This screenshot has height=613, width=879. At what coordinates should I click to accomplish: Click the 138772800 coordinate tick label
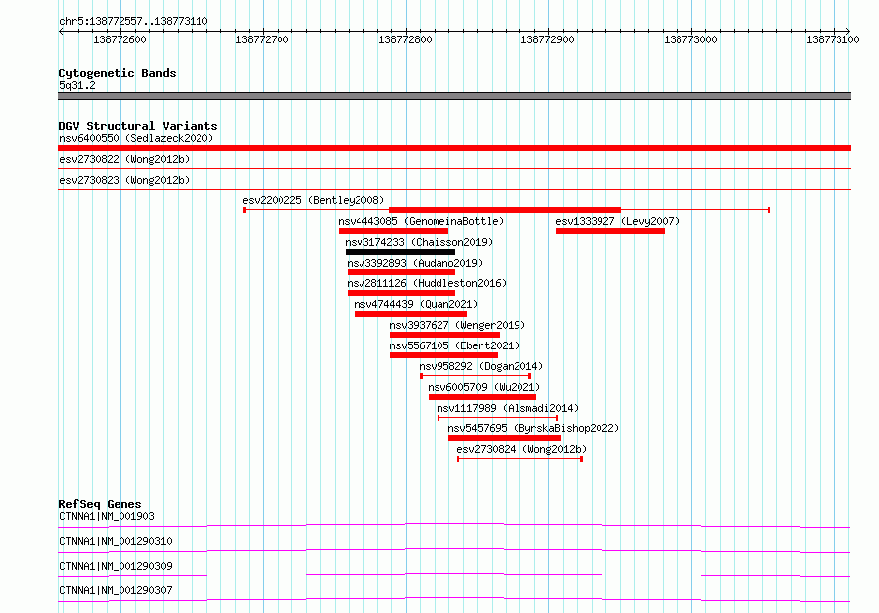click(405, 39)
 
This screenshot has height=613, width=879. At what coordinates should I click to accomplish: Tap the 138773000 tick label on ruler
click(690, 39)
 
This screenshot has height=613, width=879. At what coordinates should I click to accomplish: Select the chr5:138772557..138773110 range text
click(133, 22)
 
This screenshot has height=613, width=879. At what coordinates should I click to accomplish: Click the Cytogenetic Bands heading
click(118, 73)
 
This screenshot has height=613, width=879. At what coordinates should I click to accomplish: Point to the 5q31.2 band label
click(77, 85)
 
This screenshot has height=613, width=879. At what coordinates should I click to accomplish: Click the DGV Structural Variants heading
click(138, 126)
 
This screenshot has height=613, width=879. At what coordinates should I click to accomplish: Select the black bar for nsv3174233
click(400, 252)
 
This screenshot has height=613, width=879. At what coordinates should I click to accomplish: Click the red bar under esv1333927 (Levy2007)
click(610, 231)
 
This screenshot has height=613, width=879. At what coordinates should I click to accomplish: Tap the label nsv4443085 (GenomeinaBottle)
click(421, 221)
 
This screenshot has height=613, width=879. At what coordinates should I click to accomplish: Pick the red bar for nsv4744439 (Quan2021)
click(410, 314)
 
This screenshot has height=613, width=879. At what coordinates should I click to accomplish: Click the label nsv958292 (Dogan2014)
click(481, 366)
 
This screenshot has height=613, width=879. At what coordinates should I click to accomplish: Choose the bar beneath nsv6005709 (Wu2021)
click(482, 397)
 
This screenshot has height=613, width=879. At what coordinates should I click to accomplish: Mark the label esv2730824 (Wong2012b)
click(521, 449)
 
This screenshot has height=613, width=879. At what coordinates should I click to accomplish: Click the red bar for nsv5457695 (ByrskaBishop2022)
click(505, 438)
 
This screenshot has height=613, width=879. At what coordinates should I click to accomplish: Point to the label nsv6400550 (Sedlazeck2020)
click(136, 138)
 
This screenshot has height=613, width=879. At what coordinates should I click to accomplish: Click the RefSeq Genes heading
click(100, 504)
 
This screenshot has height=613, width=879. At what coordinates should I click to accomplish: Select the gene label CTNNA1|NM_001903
click(107, 516)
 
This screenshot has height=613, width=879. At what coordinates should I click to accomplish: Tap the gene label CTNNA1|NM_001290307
click(116, 590)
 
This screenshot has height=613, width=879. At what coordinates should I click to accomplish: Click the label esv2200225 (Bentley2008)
click(313, 200)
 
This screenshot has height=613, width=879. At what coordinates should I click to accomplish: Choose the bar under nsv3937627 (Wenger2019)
click(444, 335)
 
